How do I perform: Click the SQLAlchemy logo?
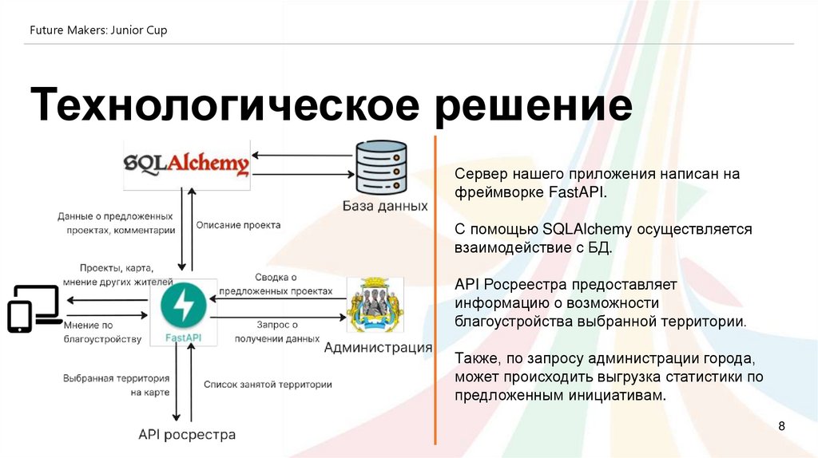187,164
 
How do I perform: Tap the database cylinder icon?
381,168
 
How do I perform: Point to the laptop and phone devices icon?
34,308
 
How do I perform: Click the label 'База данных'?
385,206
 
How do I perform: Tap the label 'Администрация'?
378,348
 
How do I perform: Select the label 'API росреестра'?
187,435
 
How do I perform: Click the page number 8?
782,427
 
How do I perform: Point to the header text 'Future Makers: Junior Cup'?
98,30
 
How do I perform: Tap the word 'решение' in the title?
534,105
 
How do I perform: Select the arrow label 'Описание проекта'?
238,225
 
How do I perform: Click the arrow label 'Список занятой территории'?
268,385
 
